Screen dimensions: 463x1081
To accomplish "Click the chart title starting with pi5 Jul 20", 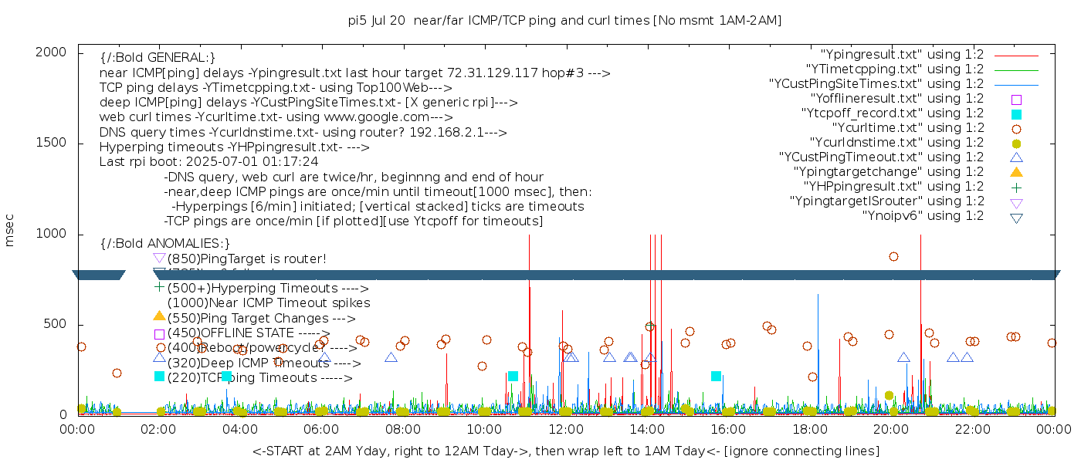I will point(564,21).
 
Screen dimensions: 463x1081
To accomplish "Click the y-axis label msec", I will point(10,230).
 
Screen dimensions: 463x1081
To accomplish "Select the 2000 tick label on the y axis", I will point(54,52).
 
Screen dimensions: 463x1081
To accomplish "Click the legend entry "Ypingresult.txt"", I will point(902,55).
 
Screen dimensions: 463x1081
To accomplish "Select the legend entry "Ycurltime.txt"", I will point(907,128).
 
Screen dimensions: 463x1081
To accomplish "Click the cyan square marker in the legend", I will point(1016,114).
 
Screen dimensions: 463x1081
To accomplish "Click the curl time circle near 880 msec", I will point(893,256).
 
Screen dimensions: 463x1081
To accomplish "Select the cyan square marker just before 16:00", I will point(716,377).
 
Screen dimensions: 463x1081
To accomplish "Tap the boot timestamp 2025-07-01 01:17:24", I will point(259,162).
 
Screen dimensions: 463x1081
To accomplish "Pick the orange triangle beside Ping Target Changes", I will point(159,316).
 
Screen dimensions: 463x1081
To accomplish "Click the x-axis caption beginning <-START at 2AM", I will point(565,451).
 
